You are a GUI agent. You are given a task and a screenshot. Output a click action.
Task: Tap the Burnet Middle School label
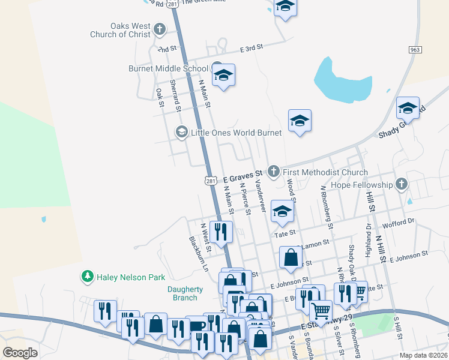(x=168, y=68)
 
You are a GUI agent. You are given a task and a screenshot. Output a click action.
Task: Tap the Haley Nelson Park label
(x=130, y=277)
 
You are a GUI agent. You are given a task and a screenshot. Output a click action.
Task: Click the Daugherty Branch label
(x=182, y=293)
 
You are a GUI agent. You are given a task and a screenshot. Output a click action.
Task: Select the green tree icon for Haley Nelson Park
(x=88, y=277)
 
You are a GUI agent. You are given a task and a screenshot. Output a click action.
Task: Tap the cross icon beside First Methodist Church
(x=273, y=172)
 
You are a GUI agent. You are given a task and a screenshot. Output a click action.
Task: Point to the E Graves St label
(x=239, y=178)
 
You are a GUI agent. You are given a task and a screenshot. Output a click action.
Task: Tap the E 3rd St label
(x=252, y=49)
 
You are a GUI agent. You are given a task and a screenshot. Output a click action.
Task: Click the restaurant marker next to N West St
(x=221, y=232)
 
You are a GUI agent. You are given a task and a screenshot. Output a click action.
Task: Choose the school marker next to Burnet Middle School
(x=223, y=76)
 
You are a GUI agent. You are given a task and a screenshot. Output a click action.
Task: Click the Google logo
(x=20, y=352)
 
